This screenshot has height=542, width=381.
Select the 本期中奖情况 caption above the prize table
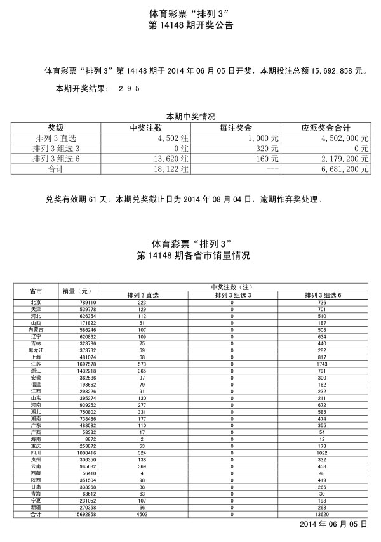click(190, 117)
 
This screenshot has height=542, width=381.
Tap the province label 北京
click(36, 303)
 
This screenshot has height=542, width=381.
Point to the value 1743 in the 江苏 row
click(322, 364)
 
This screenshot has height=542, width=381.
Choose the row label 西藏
click(36, 473)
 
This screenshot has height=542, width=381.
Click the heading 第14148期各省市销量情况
click(190, 256)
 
